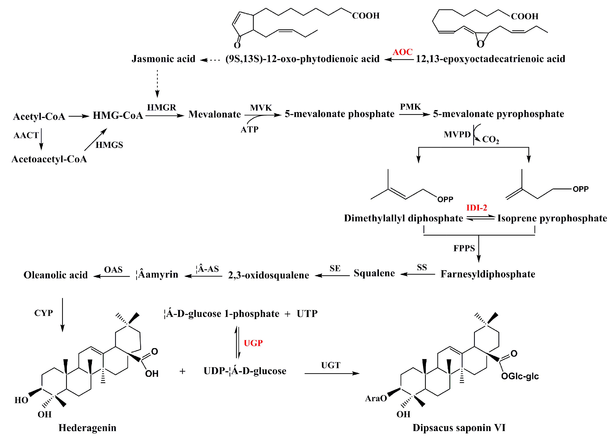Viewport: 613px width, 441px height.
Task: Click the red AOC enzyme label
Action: (x=402, y=52)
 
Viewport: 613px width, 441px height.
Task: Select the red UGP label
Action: (x=253, y=343)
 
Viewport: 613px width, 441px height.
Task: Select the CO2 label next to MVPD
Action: (x=490, y=139)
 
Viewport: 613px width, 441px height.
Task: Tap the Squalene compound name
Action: (x=374, y=273)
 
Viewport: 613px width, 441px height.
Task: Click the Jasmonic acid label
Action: (x=163, y=59)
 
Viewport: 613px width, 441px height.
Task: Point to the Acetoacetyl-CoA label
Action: (x=49, y=159)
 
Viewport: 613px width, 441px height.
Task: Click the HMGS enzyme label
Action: (x=109, y=145)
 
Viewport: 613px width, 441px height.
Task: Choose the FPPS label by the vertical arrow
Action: (x=464, y=248)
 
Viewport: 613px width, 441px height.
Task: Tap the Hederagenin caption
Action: (x=87, y=428)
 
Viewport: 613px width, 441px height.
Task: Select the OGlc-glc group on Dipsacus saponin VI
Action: (x=520, y=376)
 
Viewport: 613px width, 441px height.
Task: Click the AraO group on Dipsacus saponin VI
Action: (x=376, y=398)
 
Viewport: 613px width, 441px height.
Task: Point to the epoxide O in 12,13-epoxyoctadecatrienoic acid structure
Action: (x=480, y=44)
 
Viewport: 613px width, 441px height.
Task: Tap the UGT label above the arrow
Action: (x=331, y=365)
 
